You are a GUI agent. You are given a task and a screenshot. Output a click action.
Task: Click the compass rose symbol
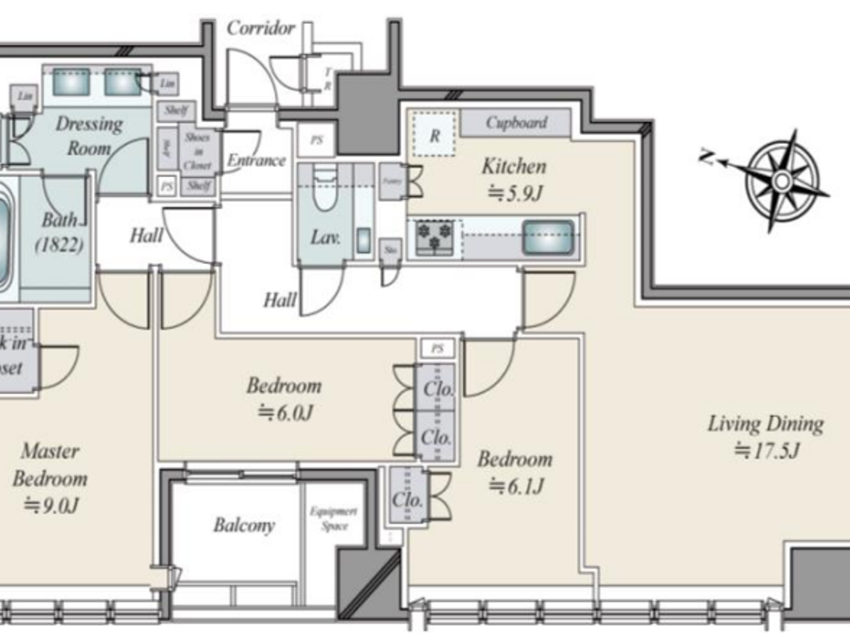pyautogui.click(x=782, y=180)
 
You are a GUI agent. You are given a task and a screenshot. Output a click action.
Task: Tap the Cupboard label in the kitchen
pyautogui.click(x=516, y=123)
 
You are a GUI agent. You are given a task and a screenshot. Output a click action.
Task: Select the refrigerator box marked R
pyautogui.click(x=434, y=135)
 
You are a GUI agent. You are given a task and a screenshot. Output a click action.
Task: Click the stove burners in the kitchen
pyautogui.click(x=435, y=236)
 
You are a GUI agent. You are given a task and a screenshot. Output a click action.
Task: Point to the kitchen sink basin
pyautogui.click(x=548, y=237)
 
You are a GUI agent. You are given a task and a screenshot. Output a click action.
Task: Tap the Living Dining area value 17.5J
pyautogui.click(x=766, y=450)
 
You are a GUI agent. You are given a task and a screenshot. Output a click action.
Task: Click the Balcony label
pyautogui.click(x=244, y=524)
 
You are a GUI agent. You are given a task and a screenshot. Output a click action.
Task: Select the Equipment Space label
pyautogui.click(x=333, y=518)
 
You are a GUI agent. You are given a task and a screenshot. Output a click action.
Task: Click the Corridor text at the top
pyautogui.click(x=260, y=28)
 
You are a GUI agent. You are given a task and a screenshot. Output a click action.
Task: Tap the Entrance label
pyautogui.click(x=256, y=160)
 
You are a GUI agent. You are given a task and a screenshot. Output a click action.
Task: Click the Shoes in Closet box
pyautogui.click(x=197, y=151)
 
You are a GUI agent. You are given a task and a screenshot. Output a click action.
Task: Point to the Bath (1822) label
pyautogui.click(x=59, y=232)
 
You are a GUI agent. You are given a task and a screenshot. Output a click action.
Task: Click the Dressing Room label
pyautogui.click(x=89, y=135)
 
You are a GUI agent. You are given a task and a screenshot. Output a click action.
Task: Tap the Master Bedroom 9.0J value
pyautogui.click(x=51, y=505)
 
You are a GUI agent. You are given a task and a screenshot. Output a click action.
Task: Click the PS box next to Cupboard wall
pyautogui.click(x=316, y=140)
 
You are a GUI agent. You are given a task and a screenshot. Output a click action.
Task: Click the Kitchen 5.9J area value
pyautogui.click(x=515, y=193)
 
